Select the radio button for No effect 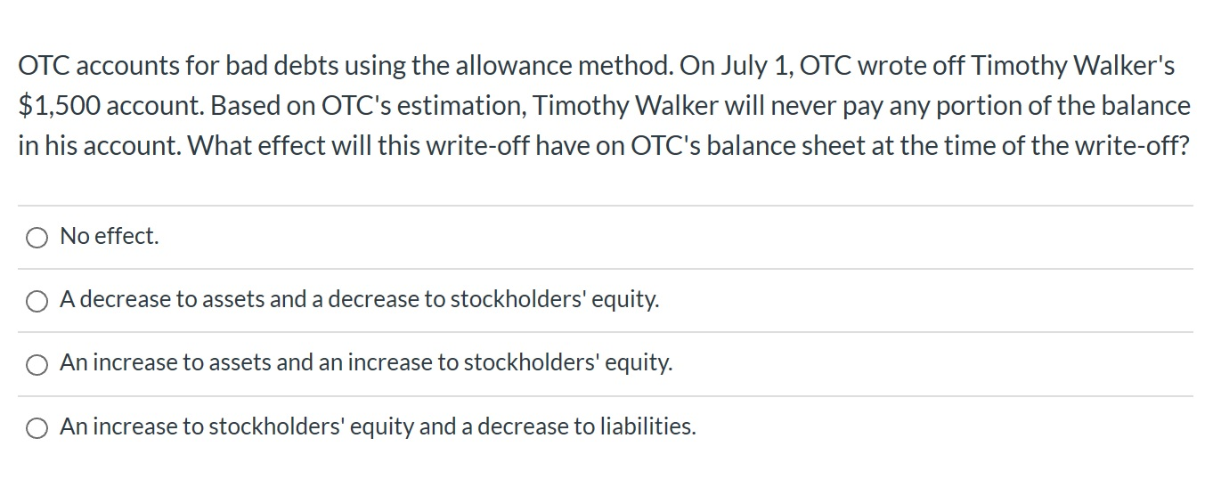[x=37, y=237]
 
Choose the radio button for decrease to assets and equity [x=37, y=301]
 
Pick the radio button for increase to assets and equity [x=37, y=364]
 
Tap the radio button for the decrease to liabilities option [x=37, y=428]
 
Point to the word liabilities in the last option [x=648, y=427]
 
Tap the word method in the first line [x=630, y=66]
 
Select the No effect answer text [x=109, y=237]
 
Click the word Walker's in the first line [x=1124, y=66]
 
